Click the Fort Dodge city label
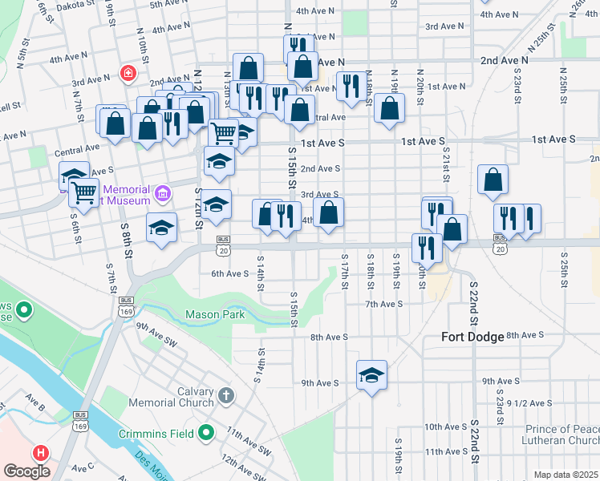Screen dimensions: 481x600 click(x=472, y=337)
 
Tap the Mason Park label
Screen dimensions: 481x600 click(x=215, y=315)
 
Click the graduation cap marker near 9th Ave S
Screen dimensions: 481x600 click(x=371, y=375)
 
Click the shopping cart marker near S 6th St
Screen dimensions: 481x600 click(x=83, y=192)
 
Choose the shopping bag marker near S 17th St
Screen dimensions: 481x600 click(x=328, y=213)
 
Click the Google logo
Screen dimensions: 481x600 click(x=26, y=471)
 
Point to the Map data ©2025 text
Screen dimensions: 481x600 click(x=566, y=475)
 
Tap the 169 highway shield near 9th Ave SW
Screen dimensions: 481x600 click(x=124, y=309)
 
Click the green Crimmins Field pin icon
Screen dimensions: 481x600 click(x=206, y=434)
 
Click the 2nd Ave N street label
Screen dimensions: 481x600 click(x=505, y=60)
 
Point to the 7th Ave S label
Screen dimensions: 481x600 click(x=383, y=305)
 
